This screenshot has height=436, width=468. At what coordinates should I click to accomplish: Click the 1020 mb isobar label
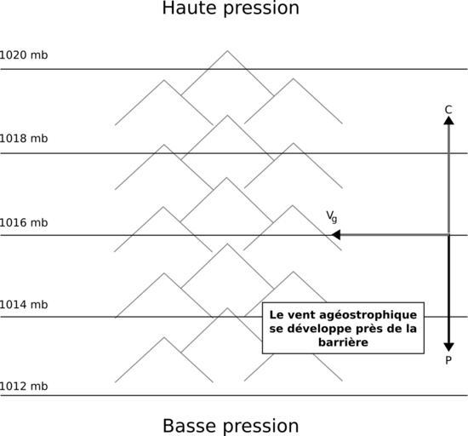[x=23, y=55]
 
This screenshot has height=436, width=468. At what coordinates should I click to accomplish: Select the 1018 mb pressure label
[x=23, y=139]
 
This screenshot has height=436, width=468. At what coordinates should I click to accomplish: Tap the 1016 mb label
[x=23, y=223]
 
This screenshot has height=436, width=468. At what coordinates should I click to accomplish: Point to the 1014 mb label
[x=23, y=305]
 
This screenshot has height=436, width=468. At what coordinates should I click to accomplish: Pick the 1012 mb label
[x=23, y=387]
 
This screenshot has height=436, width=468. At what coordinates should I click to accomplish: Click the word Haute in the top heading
[x=190, y=8]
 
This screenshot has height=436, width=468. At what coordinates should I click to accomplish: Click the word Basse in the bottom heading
[x=190, y=426]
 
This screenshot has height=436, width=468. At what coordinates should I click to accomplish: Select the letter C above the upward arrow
[x=448, y=110]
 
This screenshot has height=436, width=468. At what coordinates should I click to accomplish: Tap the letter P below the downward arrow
[x=448, y=360]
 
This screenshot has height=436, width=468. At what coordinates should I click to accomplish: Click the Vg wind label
[x=332, y=216]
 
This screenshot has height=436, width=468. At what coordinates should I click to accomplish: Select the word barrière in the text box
[x=343, y=342]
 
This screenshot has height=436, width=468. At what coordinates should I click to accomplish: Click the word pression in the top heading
[x=261, y=9]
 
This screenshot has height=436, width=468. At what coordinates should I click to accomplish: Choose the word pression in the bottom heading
[x=261, y=427]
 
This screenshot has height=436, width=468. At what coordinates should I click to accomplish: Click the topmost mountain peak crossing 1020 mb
[x=227, y=51]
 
